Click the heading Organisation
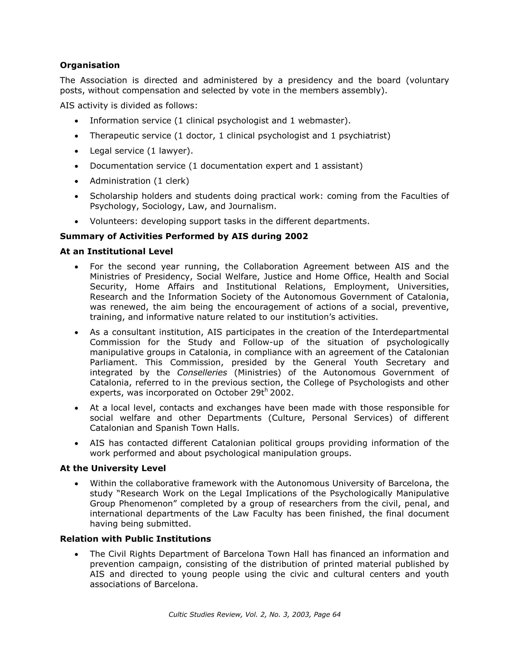[90, 65]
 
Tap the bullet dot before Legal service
[77, 151]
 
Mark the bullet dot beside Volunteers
[77, 222]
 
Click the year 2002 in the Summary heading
[296, 236]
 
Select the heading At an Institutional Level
[116, 251]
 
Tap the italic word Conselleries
[202, 372]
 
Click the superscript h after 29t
[266, 391]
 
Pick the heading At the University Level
[113, 468]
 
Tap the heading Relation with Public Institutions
[136, 539]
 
